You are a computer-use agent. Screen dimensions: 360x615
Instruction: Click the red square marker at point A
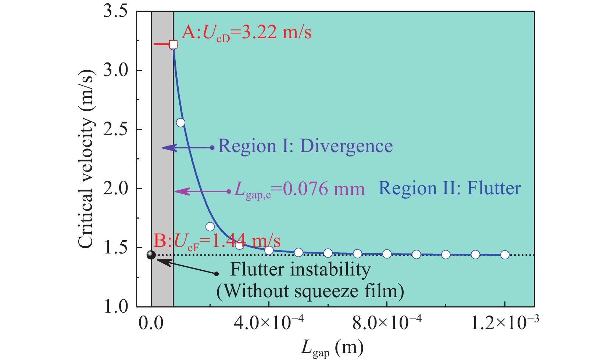(173, 44)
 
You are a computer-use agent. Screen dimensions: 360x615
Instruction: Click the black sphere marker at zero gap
(151, 255)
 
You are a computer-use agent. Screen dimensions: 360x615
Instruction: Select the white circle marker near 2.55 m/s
(180, 123)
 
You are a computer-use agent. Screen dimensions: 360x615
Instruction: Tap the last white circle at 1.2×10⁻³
(505, 255)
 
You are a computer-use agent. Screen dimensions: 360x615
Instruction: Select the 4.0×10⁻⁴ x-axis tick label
(269, 324)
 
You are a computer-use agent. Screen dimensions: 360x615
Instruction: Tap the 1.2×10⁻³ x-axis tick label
(505, 324)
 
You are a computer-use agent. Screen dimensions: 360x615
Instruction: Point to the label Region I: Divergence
(305, 146)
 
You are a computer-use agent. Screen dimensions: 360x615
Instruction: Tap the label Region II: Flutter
(450, 188)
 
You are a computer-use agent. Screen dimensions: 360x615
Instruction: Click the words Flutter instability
(300, 270)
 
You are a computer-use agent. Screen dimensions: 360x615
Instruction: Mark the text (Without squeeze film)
(310, 291)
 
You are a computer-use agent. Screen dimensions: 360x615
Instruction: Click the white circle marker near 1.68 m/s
(210, 227)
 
